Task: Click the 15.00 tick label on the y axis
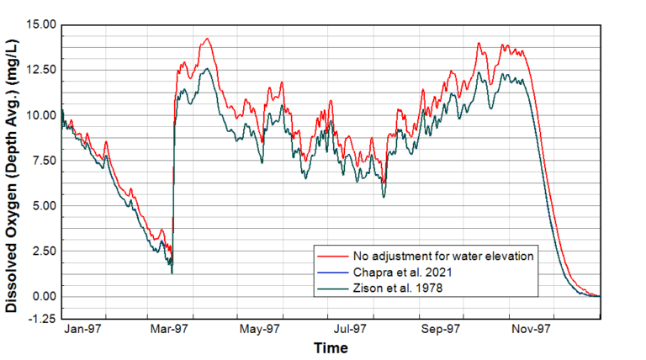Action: coord(40,25)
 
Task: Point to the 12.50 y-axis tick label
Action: coord(40,70)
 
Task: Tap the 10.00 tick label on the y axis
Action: coord(40,115)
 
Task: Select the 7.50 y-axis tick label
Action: coord(43,161)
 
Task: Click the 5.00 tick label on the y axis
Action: coord(43,206)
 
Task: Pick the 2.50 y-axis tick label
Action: coord(43,251)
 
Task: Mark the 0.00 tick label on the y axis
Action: coord(43,296)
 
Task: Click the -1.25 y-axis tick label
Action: coord(41,319)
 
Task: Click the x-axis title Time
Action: coord(331,347)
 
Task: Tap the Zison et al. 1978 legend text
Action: coord(381,289)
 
